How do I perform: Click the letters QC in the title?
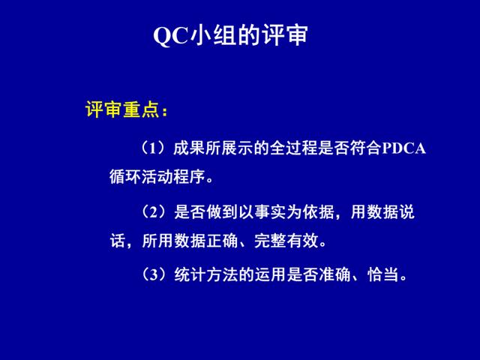[170, 36]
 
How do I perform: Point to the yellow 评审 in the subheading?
[104, 109]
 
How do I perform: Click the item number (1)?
[154, 148]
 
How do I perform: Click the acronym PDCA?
[403, 148]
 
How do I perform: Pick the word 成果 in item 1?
[189, 148]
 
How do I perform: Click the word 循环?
[125, 177]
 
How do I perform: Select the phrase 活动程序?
[173, 177]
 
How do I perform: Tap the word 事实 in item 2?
[270, 211]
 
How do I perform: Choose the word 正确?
[223, 241]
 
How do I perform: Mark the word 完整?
[270, 241]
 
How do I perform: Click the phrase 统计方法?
[206, 274]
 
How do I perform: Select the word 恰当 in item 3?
[383, 274]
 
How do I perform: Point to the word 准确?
[334, 274]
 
